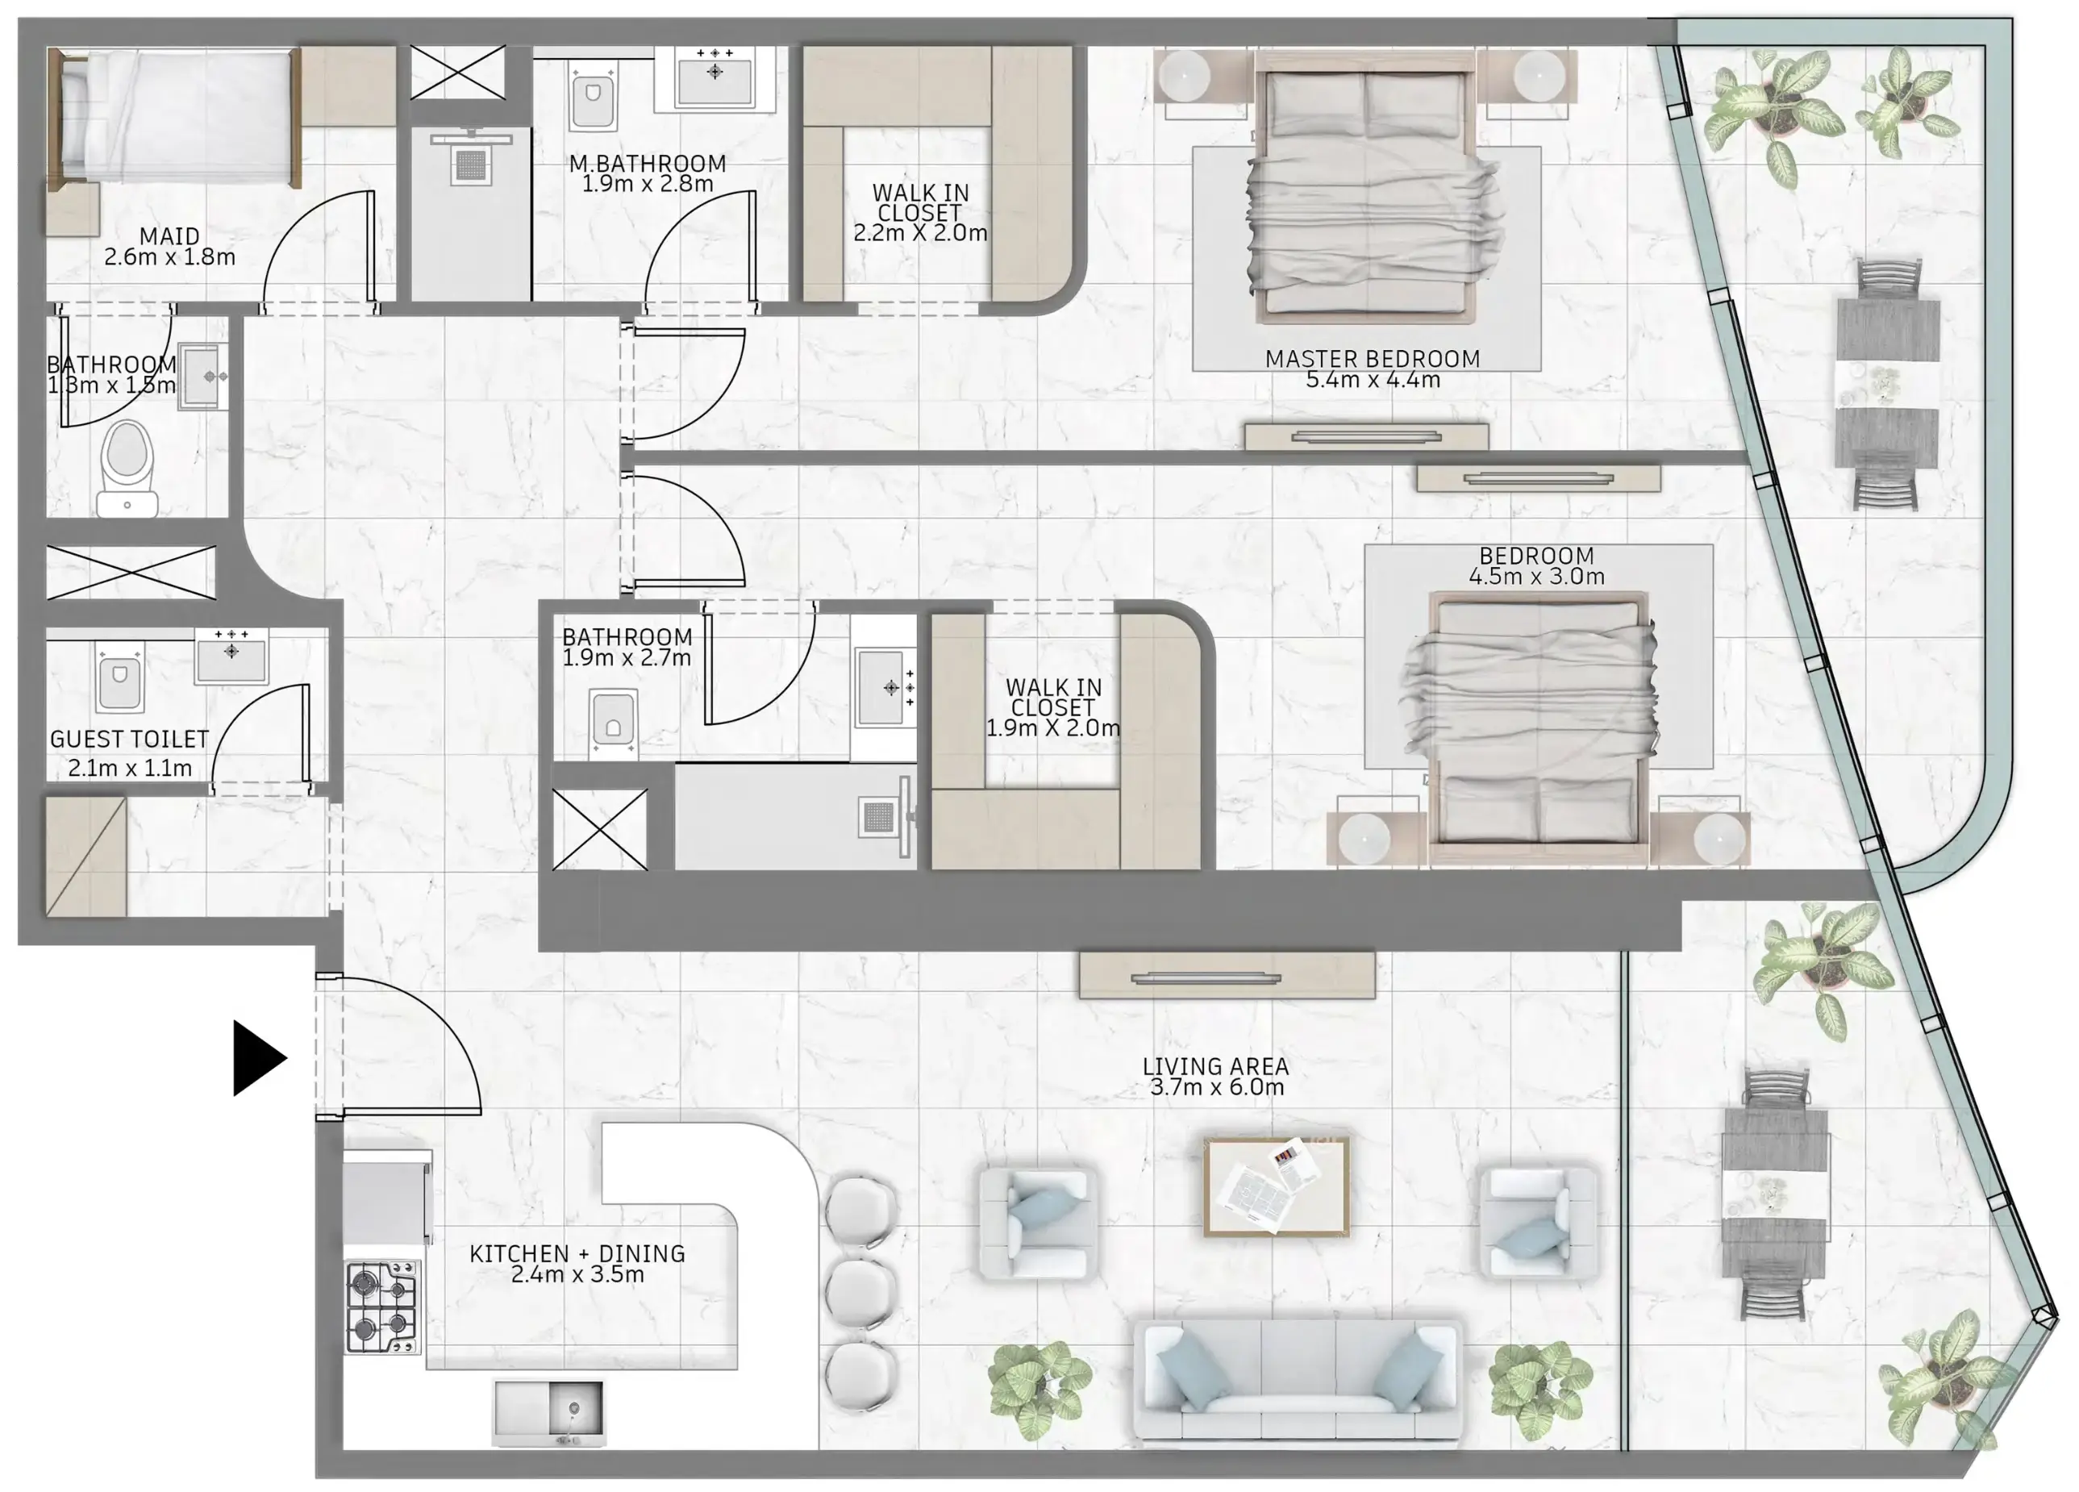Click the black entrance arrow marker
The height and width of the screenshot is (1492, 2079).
[257, 1057]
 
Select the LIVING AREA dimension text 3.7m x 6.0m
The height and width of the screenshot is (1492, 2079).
[1216, 1088]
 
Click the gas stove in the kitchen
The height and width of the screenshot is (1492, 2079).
[382, 1307]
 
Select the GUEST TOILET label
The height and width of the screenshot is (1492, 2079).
[129, 740]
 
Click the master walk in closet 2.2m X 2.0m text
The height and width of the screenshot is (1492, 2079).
[919, 233]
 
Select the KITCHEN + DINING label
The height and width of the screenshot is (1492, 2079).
[577, 1254]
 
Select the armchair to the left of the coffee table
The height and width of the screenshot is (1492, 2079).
[1038, 1223]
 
